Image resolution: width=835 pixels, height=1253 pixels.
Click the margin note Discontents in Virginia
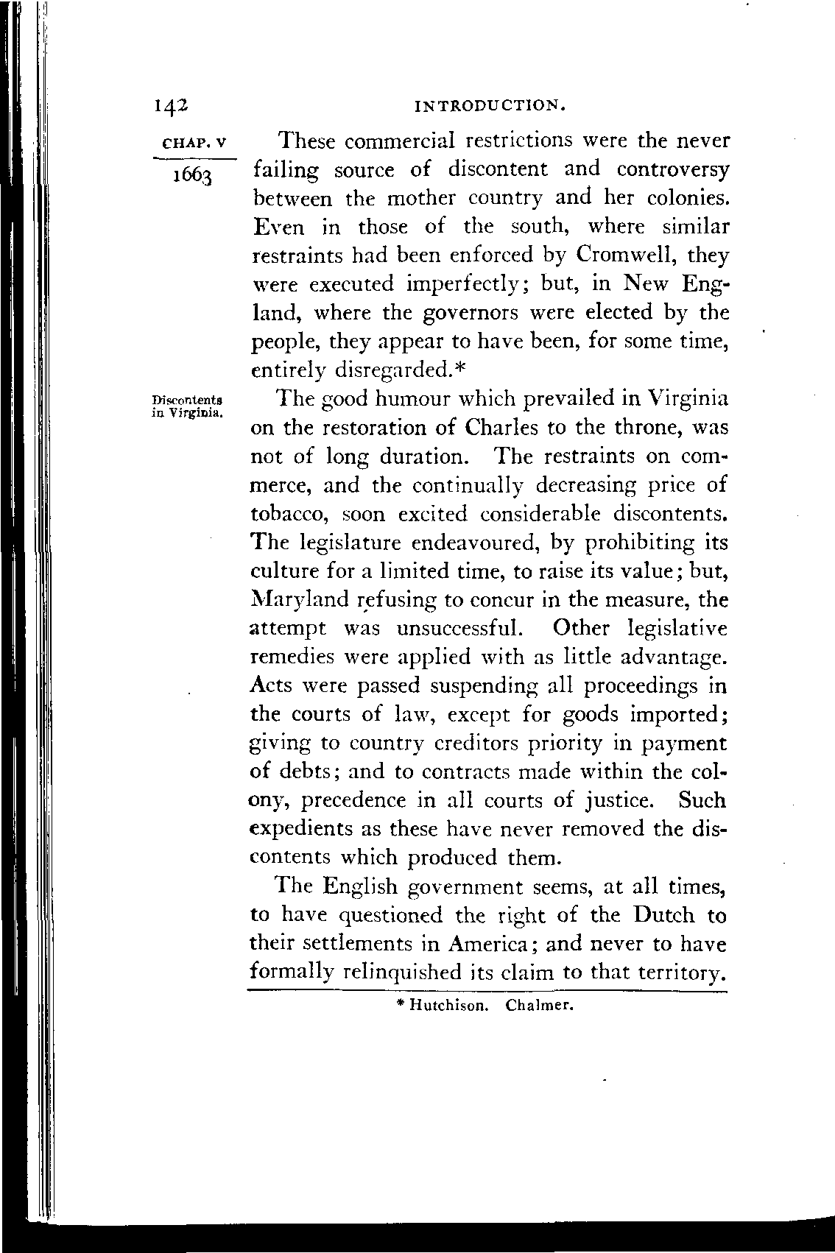tap(187, 406)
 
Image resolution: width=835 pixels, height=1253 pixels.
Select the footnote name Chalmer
tap(539, 1004)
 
